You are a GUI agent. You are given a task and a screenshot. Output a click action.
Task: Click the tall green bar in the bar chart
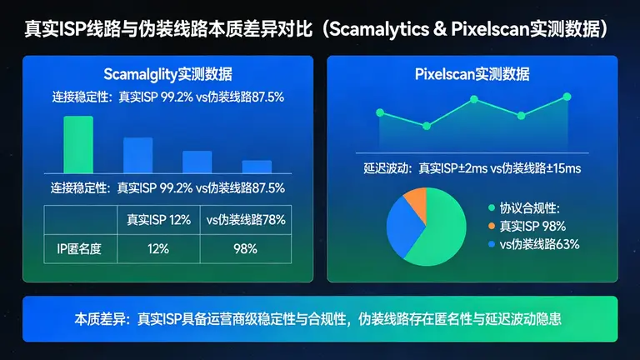78,144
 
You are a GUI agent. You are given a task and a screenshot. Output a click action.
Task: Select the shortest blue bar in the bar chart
257,166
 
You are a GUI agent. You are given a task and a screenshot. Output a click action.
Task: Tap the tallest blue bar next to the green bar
137,155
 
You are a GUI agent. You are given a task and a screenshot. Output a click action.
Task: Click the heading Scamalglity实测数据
167,74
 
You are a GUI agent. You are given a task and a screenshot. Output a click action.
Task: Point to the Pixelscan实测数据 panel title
472,74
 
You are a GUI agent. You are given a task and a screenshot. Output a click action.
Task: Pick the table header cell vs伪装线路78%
246,220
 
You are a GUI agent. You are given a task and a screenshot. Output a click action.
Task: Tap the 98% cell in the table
246,247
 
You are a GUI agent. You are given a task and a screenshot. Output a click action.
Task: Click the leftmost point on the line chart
380,112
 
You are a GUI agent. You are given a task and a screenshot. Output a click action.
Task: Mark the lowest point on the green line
427,126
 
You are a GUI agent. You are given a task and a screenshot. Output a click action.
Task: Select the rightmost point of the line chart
567,97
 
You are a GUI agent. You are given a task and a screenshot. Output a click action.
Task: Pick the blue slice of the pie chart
403,226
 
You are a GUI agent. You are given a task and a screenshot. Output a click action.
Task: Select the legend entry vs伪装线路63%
538,244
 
